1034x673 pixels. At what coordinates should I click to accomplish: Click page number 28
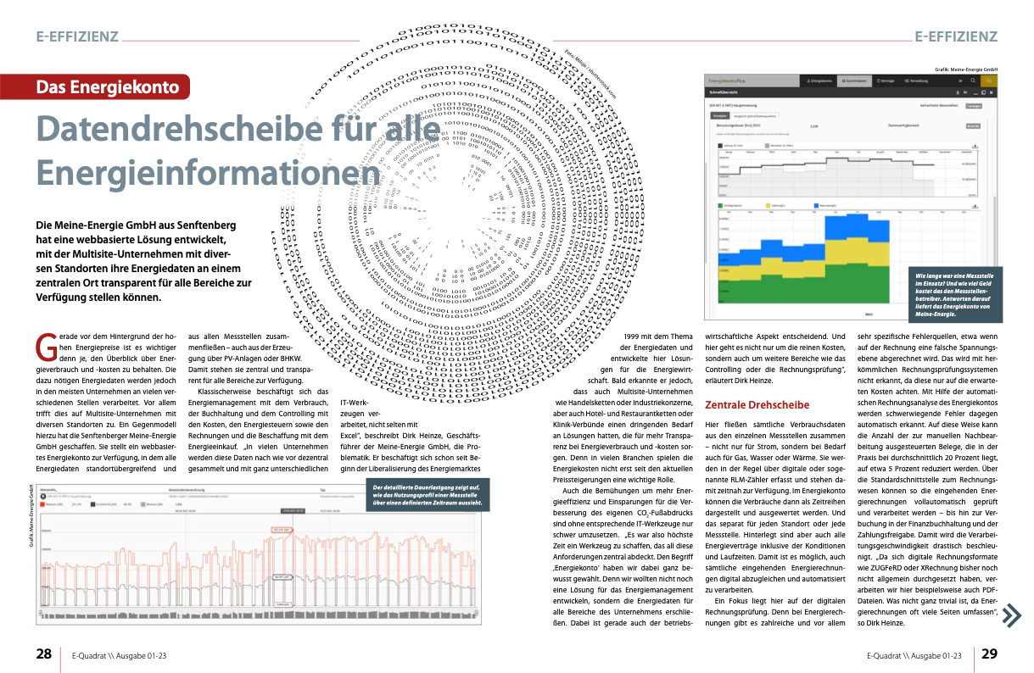43,654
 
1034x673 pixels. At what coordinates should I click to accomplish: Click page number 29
990,654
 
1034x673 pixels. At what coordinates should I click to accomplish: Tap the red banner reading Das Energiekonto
107,86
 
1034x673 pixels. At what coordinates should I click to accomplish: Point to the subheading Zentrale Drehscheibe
757,405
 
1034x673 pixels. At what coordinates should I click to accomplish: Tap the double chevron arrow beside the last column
1011,615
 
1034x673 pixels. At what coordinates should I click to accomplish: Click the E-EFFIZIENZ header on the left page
76,36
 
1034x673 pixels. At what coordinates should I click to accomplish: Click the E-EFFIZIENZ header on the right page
956,36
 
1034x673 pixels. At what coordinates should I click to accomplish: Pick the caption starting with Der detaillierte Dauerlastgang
428,495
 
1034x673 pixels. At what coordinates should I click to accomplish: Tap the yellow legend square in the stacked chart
768,205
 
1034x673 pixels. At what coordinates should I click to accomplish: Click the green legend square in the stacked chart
721,205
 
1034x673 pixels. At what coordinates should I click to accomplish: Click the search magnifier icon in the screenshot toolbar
974,81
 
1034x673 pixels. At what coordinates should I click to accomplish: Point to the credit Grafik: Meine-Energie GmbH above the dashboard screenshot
964,70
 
